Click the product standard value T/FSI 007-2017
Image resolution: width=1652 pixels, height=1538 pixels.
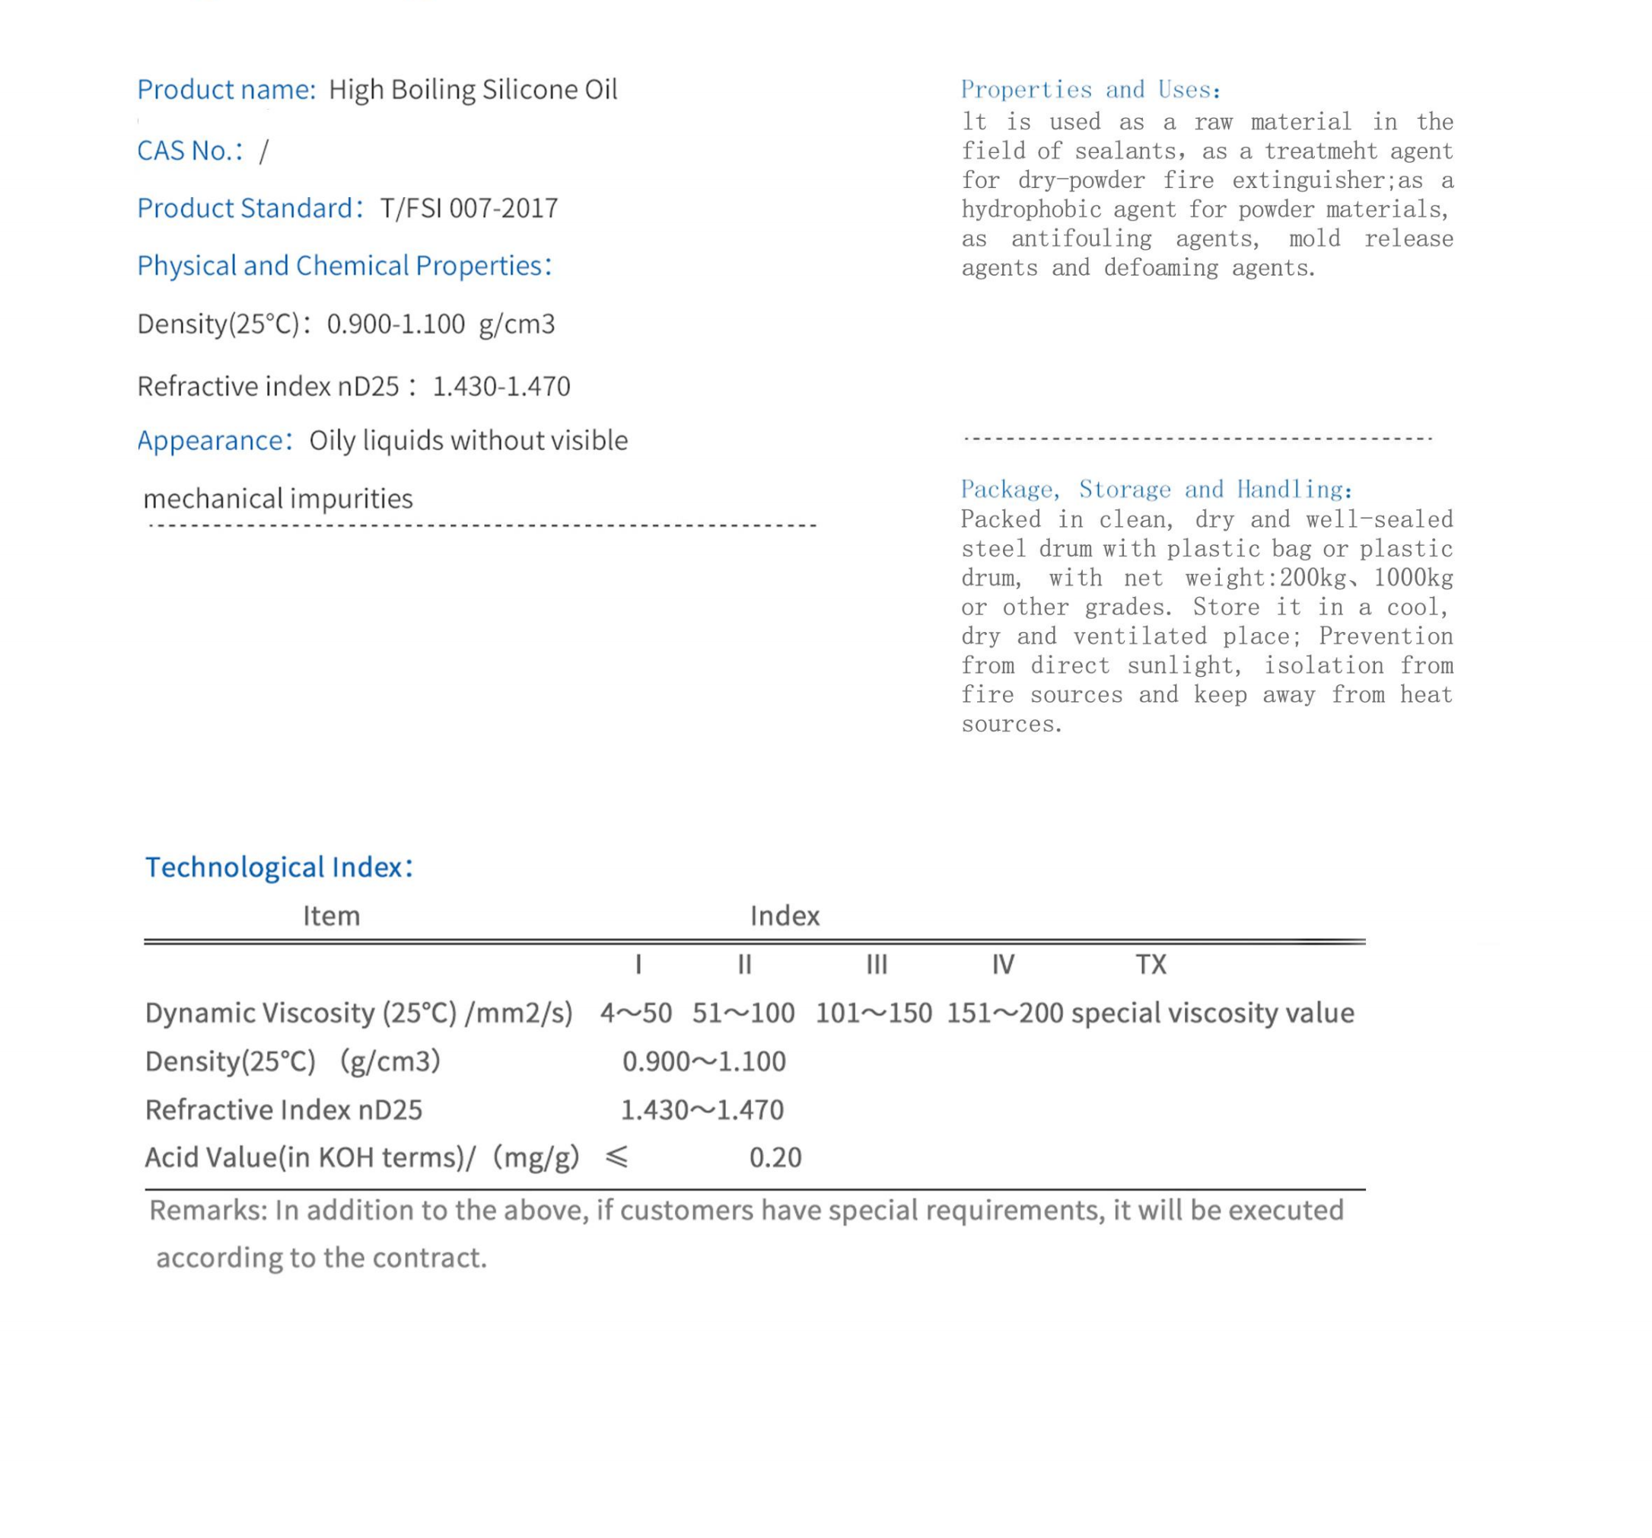pos(469,208)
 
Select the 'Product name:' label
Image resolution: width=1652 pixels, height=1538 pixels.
pos(226,90)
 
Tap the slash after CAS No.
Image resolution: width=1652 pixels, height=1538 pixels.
pos(264,152)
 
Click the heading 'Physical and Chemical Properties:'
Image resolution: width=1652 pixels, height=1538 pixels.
pos(344,266)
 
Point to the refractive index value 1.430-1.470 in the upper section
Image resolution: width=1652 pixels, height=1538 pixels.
pos(501,387)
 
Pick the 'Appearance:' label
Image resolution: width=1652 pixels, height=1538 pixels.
pos(215,441)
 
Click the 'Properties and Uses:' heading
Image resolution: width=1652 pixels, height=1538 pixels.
pos(1090,90)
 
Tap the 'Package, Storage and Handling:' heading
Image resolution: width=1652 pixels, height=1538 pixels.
pos(1157,489)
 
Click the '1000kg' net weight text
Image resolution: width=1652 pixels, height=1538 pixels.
pos(1412,578)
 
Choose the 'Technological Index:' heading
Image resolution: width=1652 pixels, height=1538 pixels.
pos(279,867)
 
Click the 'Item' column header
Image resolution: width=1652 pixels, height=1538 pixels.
pos(331,916)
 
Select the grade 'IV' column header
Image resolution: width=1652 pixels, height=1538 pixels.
pos(1003,965)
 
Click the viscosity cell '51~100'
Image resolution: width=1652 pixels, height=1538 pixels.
pos(743,1013)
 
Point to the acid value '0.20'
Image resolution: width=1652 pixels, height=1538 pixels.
pos(775,1157)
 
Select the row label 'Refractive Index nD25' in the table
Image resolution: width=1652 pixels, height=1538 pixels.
pos(283,1110)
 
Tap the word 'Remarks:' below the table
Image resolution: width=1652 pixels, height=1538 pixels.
pos(208,1210)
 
